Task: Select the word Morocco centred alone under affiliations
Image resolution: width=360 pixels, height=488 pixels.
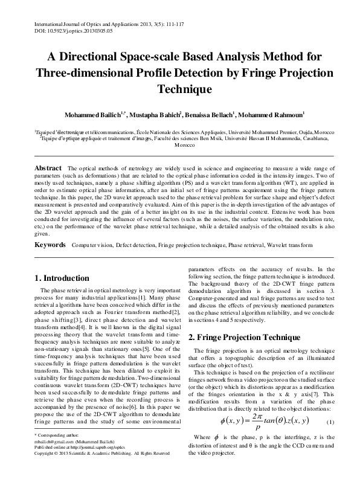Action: pyautogui.click(x=179, y=146)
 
